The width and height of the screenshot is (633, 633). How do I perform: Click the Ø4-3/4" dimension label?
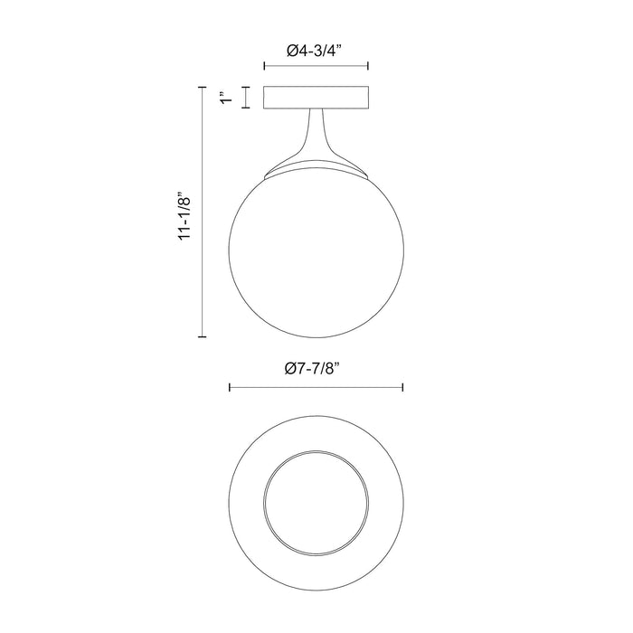pyautogui.click(x=316, y=52)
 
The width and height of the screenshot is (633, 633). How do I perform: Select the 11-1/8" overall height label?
pyautogui.click(x=186, y=213)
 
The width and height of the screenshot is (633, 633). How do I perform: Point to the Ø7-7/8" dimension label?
pyautogui.click(x=316, y=368)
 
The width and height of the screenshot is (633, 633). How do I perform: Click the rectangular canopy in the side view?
pyautogui.click(x=316, y=98)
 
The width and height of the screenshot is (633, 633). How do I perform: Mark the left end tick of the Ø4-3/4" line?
pyautogui.click(x=263, y=66)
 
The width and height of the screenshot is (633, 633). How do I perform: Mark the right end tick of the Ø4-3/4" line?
pyautogui.click(x=368, y=66)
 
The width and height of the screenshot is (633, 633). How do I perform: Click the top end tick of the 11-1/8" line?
pyautogui.click(x=202, y=87)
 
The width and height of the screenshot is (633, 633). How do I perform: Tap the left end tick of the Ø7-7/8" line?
pyautogui.click(x=230, y=388)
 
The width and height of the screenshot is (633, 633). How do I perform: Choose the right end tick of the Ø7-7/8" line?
pyautogui.click(x=402, y=388)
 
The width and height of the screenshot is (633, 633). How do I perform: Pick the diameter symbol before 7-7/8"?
pyautogui.click(x=289, y=368)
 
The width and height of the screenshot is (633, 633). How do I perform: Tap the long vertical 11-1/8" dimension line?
pyautogui.click(x=202, y=271)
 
